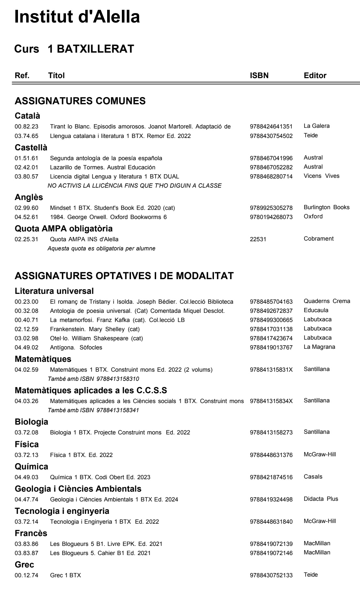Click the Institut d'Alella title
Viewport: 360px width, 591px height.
point(77,17)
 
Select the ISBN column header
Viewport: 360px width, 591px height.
point(259,76)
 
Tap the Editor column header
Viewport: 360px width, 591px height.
point(315,76)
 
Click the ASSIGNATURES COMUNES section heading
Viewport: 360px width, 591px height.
point(80,101)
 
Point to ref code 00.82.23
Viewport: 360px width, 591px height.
point(26,127)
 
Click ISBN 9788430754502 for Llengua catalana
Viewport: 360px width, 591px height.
point(271,136)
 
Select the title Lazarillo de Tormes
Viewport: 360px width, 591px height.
point(103,167)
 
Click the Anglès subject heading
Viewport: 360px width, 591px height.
point(29,197)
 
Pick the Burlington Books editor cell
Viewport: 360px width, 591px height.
point(326,207)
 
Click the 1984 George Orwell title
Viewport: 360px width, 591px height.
point(108,217)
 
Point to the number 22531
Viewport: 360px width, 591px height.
point(258,239)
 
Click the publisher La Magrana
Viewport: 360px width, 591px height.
point(319,347)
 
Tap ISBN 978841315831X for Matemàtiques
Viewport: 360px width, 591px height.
point(271,370)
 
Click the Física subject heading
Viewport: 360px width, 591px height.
point(27,445)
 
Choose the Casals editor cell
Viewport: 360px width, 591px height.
point(313,477)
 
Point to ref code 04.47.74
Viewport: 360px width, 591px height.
point(26,499)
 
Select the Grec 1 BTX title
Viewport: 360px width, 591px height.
point(65,575)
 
